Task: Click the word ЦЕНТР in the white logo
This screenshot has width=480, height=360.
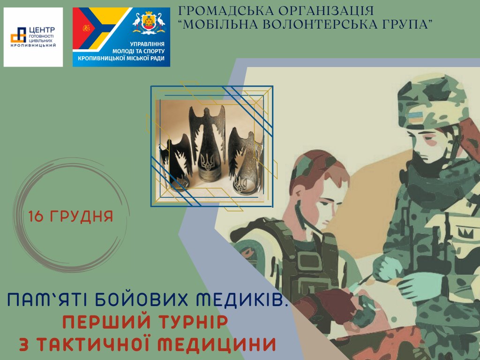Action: point(42,30)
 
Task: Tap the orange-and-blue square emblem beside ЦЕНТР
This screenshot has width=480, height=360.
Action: point(19,35)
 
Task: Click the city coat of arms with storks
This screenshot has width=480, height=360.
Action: point(149,23)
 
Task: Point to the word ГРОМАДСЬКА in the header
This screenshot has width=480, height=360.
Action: point(225,11)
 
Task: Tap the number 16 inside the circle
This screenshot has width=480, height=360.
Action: point(36,216)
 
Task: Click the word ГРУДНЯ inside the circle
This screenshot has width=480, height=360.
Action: point(81,216)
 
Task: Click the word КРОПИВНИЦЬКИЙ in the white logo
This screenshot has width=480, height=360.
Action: point(33,45)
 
